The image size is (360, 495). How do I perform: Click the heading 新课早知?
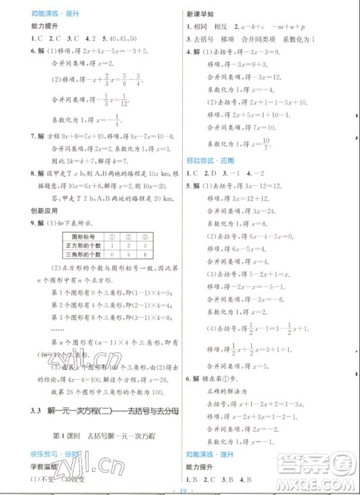click(x=198, y=14)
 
